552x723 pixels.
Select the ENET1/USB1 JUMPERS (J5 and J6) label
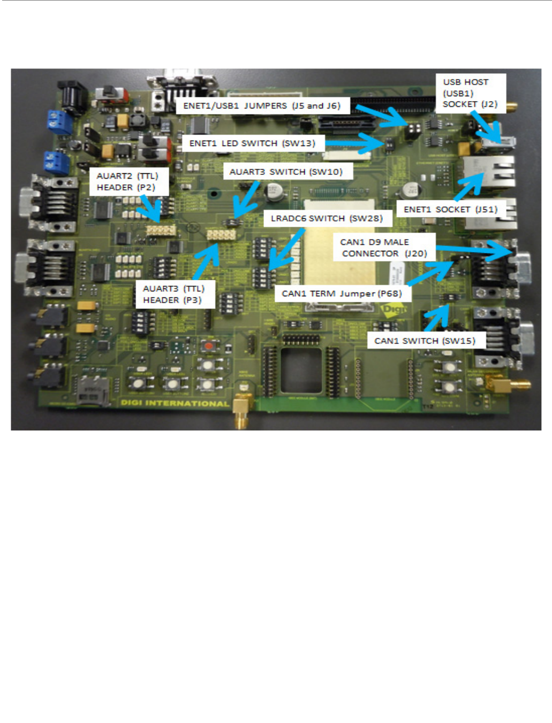pos(262,106)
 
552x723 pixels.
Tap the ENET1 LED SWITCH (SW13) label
pos(252,143)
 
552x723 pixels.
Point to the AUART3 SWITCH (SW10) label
pos(286,172)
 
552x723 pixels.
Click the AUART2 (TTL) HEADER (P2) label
pos(127,182)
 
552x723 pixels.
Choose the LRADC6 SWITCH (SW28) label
pos(327,218)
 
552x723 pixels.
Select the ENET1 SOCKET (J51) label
pos(450,209)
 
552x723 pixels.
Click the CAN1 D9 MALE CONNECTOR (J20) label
pos(383,248)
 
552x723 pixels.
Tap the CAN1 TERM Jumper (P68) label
pos(342,294)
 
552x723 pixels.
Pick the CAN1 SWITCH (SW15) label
pos(425,341)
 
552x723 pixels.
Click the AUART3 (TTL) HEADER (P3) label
pos(173,295)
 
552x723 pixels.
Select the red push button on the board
pos(210,345)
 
